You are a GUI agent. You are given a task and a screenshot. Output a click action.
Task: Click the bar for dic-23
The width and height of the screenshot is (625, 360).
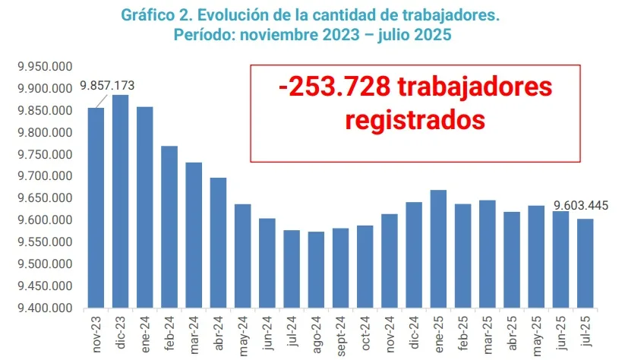click(121, 201)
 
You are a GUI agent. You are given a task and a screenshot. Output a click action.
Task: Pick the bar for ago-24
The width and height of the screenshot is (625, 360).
click(316, 270)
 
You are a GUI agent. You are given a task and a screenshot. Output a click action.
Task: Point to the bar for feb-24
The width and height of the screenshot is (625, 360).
click(169, 227)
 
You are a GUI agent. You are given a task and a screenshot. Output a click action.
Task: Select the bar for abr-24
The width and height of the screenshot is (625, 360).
click(218, 243)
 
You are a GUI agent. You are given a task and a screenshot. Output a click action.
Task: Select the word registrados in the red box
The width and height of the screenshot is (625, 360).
click(414, 120)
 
